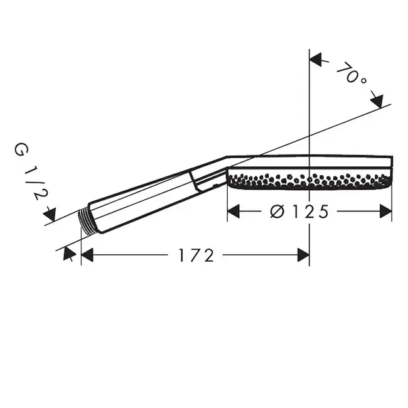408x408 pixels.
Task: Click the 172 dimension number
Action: pos(196,255)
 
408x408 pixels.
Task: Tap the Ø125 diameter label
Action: pos(299,211)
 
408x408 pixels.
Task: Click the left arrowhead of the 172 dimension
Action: pos(87,255)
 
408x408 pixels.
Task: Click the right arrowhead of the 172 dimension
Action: pos(303,255)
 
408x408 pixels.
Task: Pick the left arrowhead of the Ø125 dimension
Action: pos(234,211)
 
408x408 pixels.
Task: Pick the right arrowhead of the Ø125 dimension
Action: pos(386,211)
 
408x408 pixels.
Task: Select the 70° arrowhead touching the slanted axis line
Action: pos(377,101)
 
